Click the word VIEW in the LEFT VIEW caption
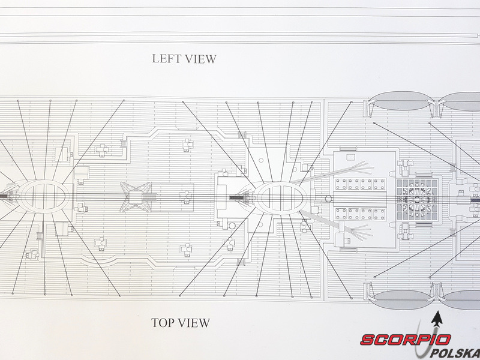(x=200, y=59)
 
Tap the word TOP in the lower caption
(x=163, y=323)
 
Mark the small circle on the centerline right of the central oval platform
(x=328, y=197)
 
